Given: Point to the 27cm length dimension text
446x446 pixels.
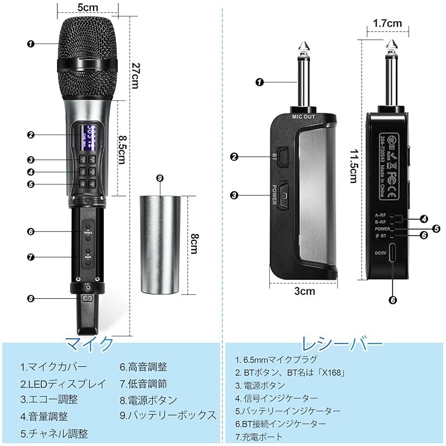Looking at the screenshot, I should pyautogui.click(x=134, y=75).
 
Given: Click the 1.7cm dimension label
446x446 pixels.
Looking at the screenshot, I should pyautogui.click(x=388, y=23).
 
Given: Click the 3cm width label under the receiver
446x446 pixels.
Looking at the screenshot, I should pyautogui.click(x=304, y=290).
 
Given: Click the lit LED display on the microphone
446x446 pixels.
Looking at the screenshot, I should pyautogui.click(x=89, y=137).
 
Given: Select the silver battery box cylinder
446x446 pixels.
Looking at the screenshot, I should pyautogui.click(x=160, y=244).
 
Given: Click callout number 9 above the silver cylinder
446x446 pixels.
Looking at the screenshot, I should pyautogui.click(x=159, y=178).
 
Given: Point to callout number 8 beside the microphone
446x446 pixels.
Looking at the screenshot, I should pyautogui.click(x=31, y=299).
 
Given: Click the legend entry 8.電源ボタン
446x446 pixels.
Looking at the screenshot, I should pyautogui.click(x=148, y=400).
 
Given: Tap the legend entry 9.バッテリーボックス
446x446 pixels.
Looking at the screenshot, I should pyautogui.click(x=168, y=415).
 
